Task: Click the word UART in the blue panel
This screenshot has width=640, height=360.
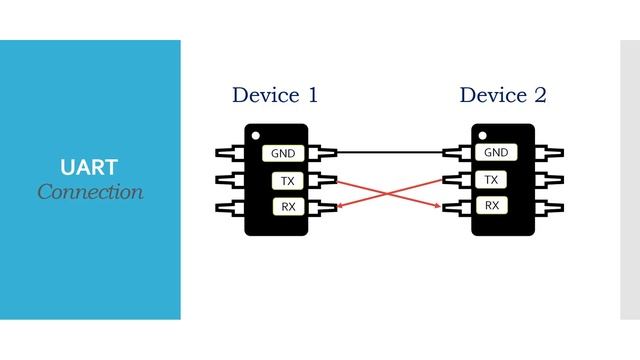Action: coord(90,166)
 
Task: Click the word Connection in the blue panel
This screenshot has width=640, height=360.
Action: coord(90,191)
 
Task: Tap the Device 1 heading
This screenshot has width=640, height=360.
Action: coord(275,96)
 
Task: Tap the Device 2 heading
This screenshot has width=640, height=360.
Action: coord(503,96)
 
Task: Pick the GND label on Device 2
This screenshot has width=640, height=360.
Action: coord(496,153)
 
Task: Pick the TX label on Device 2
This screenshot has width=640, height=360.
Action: coord(491,180)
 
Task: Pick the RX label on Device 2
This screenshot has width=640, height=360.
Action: coord(491,206)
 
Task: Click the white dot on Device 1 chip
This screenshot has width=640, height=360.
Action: coord(257,135)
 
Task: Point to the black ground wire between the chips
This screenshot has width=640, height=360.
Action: coord(390,153)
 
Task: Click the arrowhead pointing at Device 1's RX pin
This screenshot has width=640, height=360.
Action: coord(341,206)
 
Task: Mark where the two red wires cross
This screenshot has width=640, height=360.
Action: coord(390,193)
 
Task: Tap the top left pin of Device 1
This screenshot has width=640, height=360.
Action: coord(230,153)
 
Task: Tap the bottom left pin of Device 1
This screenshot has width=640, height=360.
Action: coord(230,207)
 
